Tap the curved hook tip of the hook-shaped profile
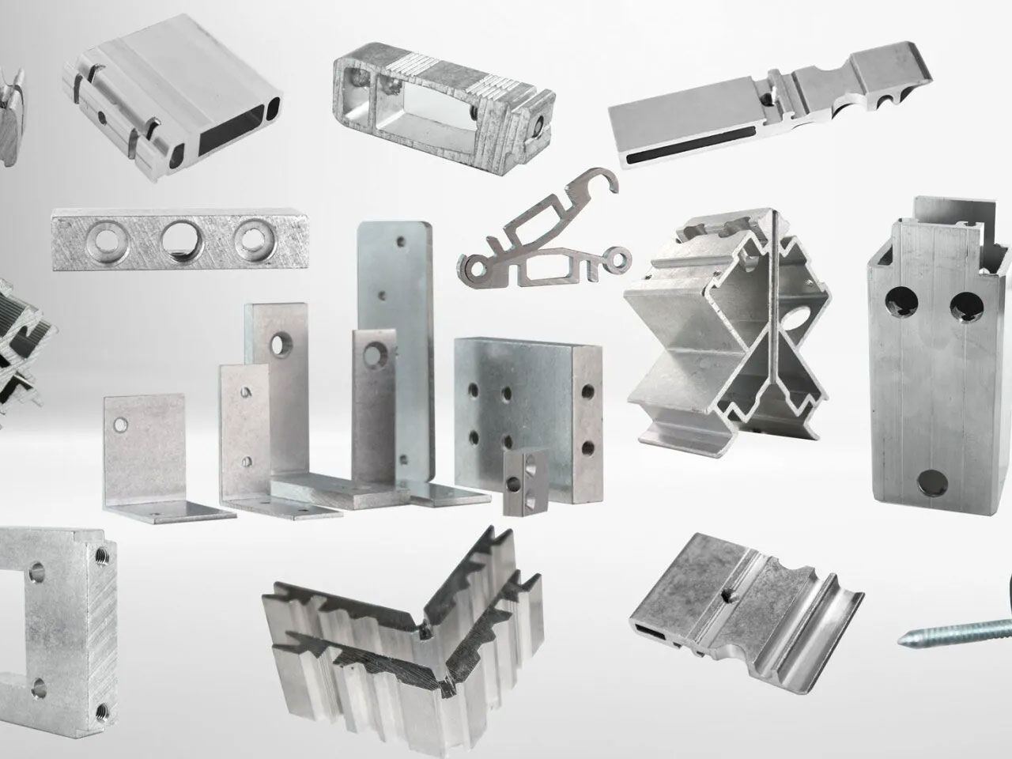608,179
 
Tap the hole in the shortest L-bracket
120,425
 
